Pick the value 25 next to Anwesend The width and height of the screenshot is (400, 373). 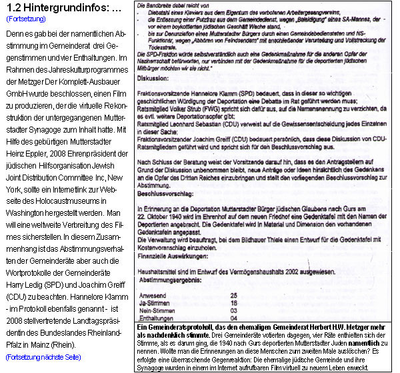click(x=233, y=294)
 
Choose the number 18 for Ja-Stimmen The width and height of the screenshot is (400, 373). click(x=233, y=302)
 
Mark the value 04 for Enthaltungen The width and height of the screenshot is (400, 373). click(x=233, y=317)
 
